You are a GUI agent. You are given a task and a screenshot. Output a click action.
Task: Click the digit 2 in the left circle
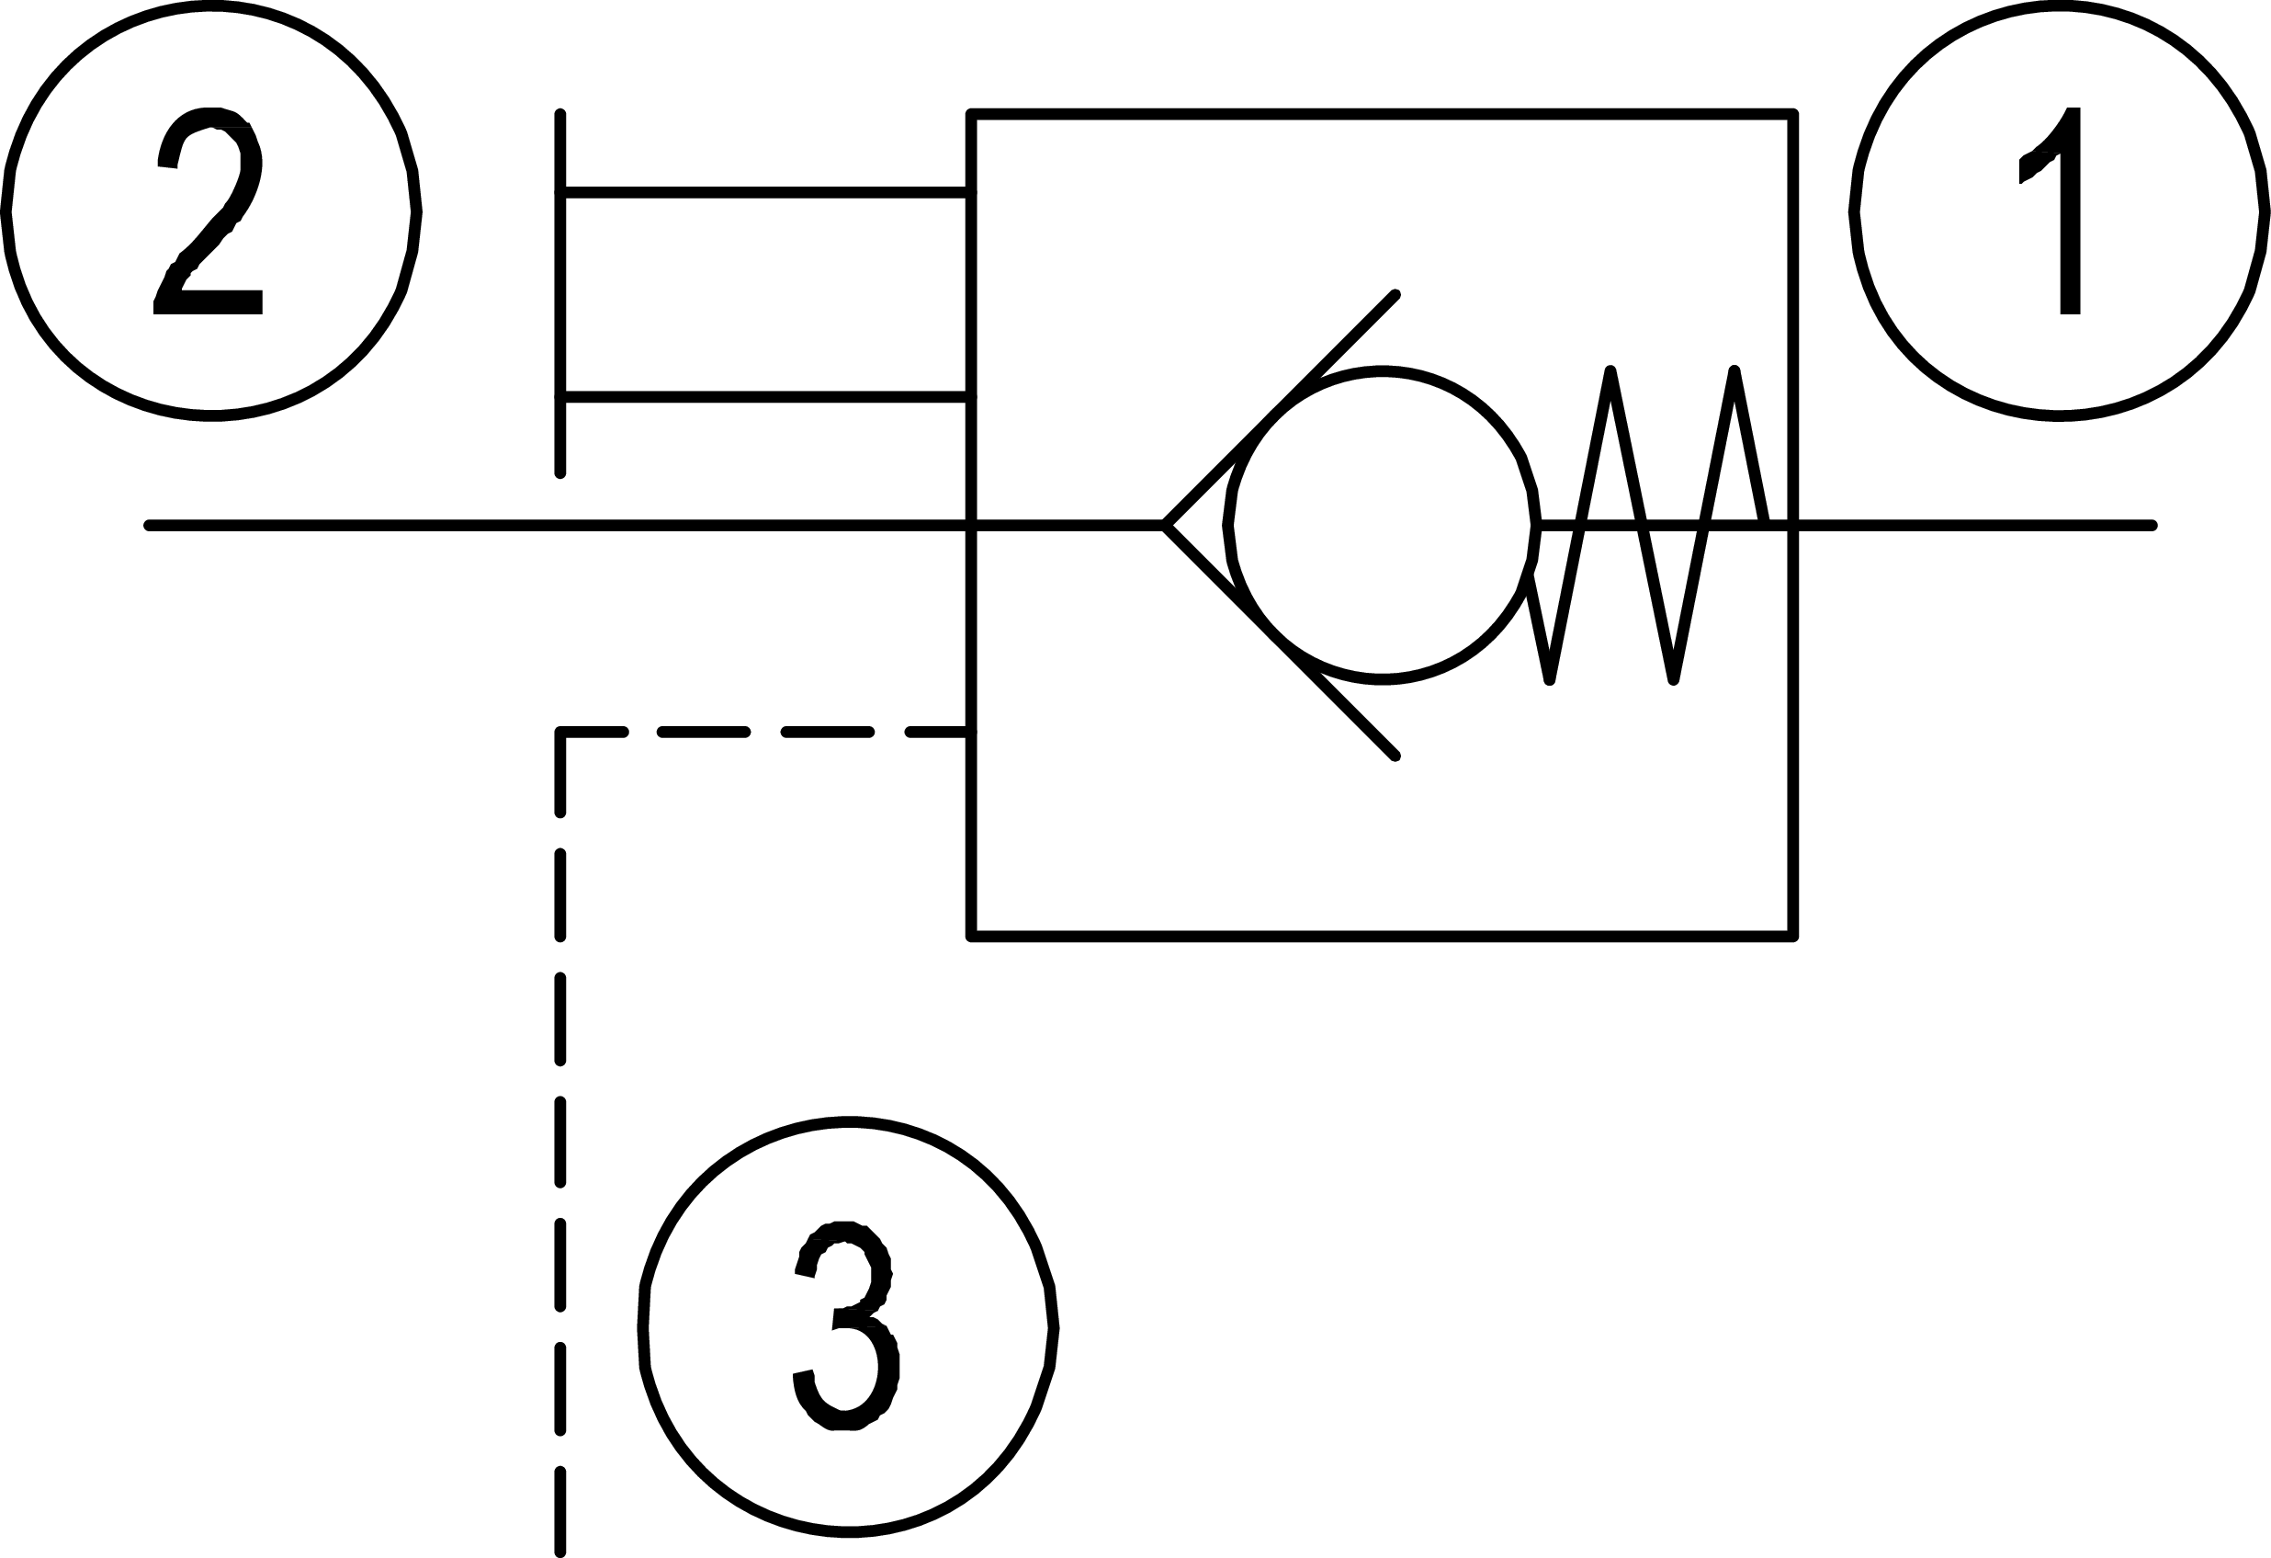(209, 211)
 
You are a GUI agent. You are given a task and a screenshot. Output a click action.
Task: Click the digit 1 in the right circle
(2056, 211)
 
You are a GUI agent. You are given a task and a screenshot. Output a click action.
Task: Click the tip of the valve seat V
(1166, 526)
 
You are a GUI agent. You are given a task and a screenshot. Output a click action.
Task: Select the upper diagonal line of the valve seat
(1280, 411)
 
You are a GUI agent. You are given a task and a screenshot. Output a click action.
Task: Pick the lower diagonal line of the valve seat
(1280, 642)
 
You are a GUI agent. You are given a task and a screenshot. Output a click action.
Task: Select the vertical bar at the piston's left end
(559, 293)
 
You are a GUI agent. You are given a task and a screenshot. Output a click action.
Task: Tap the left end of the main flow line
(150, 526)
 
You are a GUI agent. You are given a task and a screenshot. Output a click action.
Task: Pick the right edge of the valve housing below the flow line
(1793, 734)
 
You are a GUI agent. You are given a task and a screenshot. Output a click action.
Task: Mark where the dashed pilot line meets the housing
(970, 731)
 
